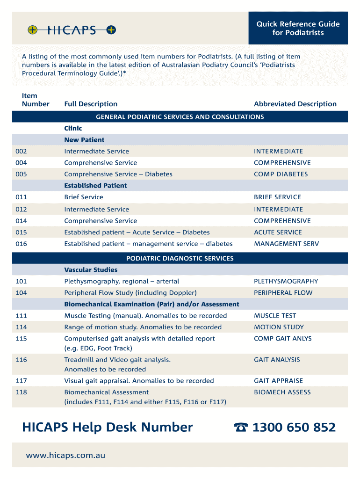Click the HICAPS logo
click(72, 30)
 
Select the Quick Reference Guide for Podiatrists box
click(298, 28)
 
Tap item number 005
click(22, 174)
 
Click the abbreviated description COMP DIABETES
click(281, 174)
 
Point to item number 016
click(22, 244)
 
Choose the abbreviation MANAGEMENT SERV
click(286, 244)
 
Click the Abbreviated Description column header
click(295, 104)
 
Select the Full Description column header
click(91, 104)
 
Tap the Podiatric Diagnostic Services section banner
click(180, 258)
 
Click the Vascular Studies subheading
click(91, 270)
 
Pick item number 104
click(22, 293)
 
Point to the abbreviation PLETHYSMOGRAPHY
click(286, 281)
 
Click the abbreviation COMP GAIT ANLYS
click(282, 339)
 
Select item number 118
click(22, 392)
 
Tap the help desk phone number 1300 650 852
click(294, 428)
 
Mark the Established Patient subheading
click(95, 186)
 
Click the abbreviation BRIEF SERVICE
click(277, 197)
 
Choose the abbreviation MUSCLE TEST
click(275, 316)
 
